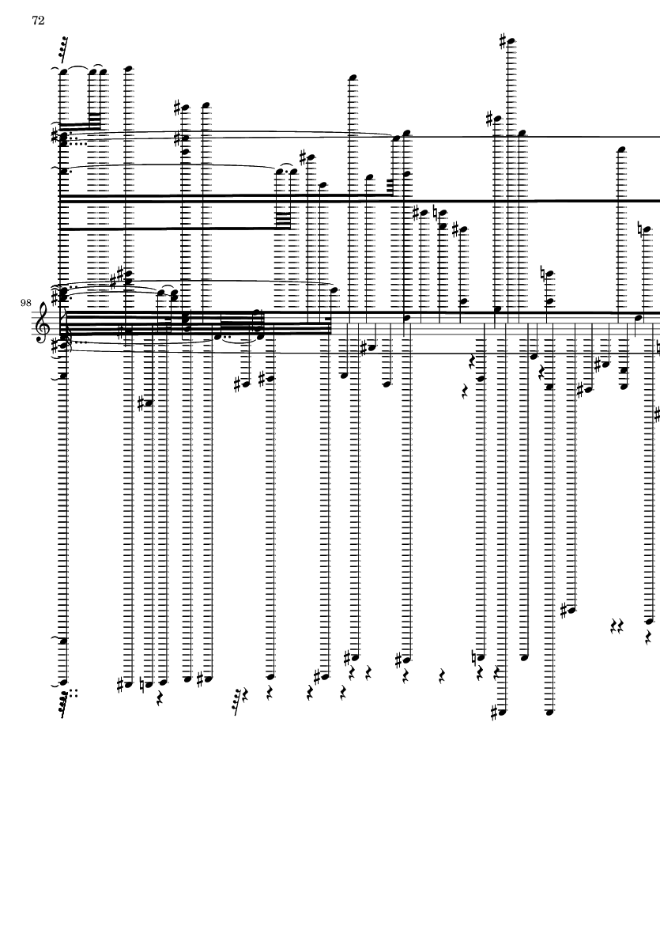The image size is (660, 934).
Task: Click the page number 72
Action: (38, 21)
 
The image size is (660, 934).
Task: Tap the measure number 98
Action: (25, 303)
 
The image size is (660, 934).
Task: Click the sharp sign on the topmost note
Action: (503, 41)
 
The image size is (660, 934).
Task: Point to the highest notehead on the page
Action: (510, 42)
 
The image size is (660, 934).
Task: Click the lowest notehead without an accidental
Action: (549, 712)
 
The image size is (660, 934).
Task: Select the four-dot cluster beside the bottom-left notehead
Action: (74, 692)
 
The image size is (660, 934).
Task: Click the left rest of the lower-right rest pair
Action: (614, 626)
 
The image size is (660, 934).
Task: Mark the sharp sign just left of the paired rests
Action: (564, 610)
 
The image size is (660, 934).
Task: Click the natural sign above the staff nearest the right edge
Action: (640, 228)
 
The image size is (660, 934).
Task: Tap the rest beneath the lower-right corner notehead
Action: (648, 638)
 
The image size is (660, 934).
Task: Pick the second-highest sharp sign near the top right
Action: (490, 119)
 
